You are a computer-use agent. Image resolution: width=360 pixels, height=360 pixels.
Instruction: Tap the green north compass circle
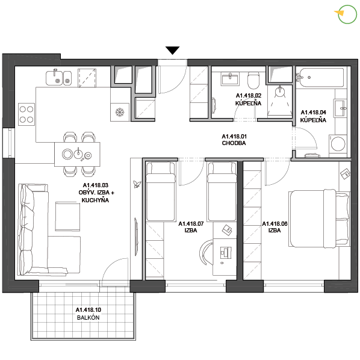pyautogui.click(x=347, y=14)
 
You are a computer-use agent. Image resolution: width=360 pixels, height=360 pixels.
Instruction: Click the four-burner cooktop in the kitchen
pyautogui.click(x=26, y=114)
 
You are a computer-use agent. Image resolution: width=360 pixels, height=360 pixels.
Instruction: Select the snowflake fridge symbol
pyautogui.click(x=119, y=112)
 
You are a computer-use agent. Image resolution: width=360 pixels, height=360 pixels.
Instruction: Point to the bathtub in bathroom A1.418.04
pyautogui.click(x=320, y=78)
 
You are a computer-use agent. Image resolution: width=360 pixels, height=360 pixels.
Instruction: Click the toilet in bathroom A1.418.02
pyautogui.click(x=253, y=80)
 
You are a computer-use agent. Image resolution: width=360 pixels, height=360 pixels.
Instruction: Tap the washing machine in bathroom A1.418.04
pyautogui.click(x=338, y=144)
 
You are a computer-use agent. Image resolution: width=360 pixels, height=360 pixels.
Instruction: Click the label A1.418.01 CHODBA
pyautogui.click(x=234, y=140)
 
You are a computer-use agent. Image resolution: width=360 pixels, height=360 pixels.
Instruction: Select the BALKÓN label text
pyautogui.click(x=88, y=317)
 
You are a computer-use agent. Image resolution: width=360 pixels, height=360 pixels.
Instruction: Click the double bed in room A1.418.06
pyautogui.click(x=319, y=219)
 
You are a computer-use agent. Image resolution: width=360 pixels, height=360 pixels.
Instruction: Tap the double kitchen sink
pyautogui.click(x=59, y=78)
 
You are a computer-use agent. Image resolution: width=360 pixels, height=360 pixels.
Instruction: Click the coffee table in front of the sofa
pyautogui.click(x=67, y=217)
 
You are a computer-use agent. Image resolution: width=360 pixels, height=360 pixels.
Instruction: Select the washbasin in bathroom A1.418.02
pyautogui.click(x=230, y=79)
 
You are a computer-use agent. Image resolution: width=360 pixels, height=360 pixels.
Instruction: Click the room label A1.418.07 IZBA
pyautogui.click(x=191, y=227)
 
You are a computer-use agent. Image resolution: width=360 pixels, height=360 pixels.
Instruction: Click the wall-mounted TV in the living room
pyautogui.click(x=136, y=237)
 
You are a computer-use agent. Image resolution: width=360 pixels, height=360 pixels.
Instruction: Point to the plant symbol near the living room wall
pyautogui.click(x=137, y=184)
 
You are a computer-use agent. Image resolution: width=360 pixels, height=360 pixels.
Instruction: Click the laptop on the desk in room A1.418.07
pyautogui.click(x=226, y=252)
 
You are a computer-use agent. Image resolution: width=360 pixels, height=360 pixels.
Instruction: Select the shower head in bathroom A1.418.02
pyautogui.click(x=280, y=92)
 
